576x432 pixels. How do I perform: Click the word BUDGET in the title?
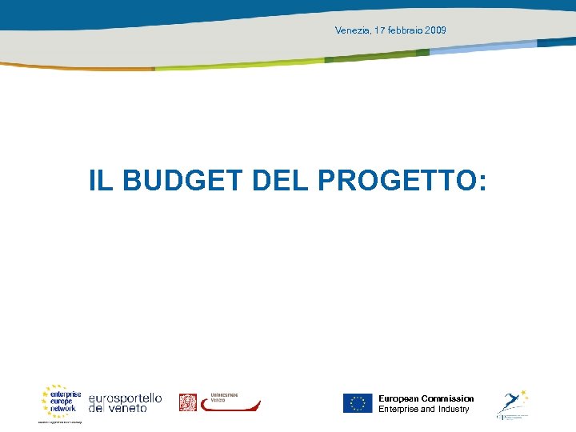click(182, 181)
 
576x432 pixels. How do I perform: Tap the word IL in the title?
click(101, 181)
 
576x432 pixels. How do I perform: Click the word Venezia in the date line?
click(353, 30)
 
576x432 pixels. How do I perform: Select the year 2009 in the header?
click(437, 30)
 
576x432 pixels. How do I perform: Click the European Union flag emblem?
click(358, 403)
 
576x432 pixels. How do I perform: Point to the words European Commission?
click(426, 398)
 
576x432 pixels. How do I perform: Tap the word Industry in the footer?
click(454, 410)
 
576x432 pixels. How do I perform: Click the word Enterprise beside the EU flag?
click(398, 410)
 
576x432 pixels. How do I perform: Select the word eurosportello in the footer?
click(125, 398)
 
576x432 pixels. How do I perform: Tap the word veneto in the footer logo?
click(127, 408)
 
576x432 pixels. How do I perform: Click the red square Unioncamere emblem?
click(187, 402)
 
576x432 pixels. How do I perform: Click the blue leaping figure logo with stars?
click(512, 403)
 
